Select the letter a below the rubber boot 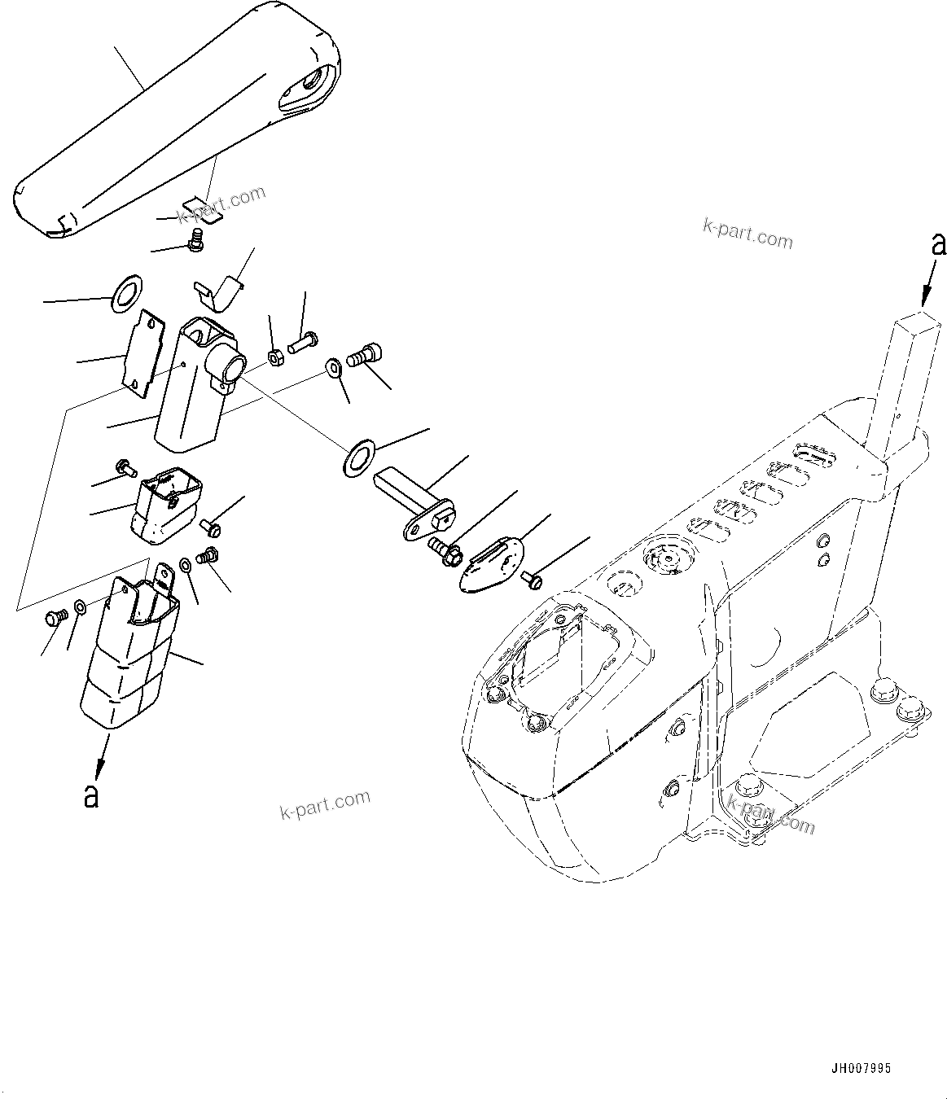tap(91, 795)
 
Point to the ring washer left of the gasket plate tap(125, 292)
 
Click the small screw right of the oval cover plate tap(534, 580)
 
